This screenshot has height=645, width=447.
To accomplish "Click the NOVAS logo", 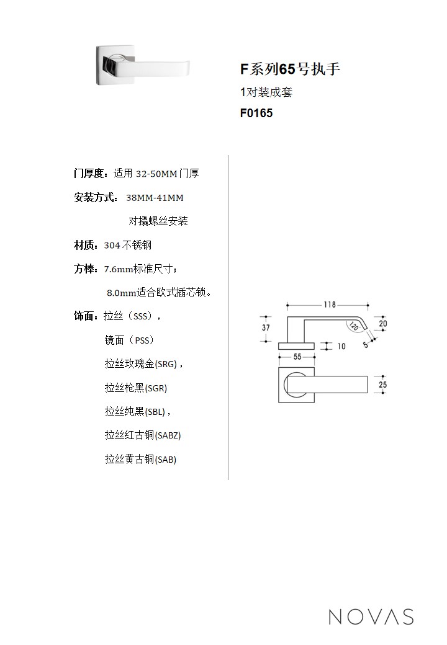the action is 371,616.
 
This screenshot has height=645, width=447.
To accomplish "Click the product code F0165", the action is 256,113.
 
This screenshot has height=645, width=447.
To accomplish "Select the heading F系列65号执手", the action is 290,69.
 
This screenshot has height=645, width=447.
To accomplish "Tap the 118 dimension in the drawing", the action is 330,305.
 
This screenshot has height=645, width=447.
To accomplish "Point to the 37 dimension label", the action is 266,328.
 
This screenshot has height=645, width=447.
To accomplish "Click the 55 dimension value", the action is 297,357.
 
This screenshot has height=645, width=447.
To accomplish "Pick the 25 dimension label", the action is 383,385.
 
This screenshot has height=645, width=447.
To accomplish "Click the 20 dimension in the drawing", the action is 383,324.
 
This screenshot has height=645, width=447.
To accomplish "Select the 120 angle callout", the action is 354,327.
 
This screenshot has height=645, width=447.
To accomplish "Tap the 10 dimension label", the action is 341,346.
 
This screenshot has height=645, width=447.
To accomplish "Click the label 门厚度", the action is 89,174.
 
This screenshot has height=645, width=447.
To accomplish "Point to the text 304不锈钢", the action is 128,246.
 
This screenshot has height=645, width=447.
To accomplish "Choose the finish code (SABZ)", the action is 168,435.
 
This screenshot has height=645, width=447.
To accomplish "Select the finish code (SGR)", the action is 156,388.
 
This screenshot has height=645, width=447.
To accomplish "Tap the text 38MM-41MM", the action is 155,198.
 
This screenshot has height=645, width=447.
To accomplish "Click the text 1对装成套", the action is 266,92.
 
